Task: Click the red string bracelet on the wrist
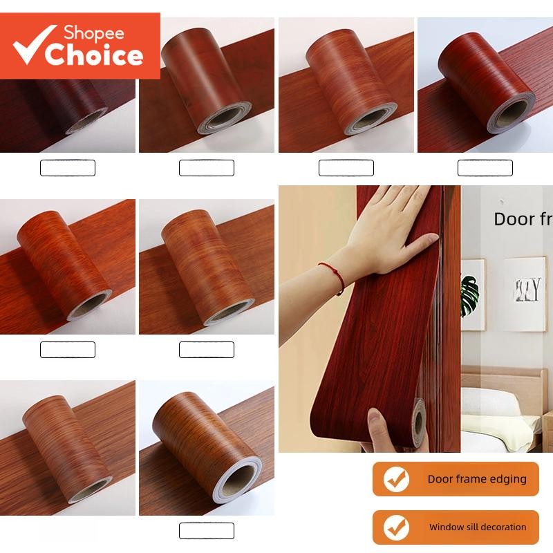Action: pos(332,274)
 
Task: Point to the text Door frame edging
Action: pos(477,479)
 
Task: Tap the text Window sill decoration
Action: pos(478,527)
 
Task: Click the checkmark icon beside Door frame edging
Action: pos(396,479)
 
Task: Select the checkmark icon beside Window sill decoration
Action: pos(396,527)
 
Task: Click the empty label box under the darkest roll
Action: pos(68,167)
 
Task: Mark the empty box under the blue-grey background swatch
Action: pos(485,167)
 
